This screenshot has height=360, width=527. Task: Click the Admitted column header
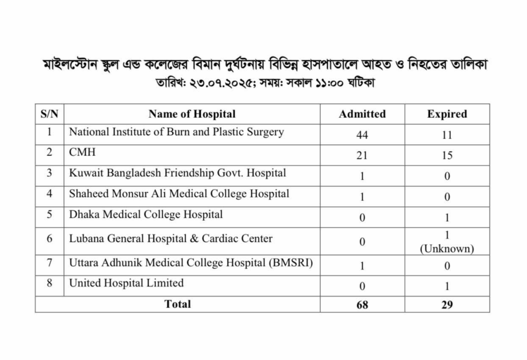click(x=362, y=114)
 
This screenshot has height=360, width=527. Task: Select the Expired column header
click(x=447, y=114)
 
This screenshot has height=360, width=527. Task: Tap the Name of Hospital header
click(x=192, y=114)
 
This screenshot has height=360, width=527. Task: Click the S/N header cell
click(x=49, y=114)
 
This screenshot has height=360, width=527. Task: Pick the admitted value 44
click(x=362, y=135)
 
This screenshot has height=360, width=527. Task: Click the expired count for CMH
click(x=447, y=156)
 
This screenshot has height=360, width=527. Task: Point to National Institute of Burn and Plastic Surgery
click(x=177, y=132)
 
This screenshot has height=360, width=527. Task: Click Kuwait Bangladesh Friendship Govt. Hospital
click(x=178, y=173)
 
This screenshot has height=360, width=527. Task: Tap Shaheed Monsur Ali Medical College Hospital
click(x=179, y=193)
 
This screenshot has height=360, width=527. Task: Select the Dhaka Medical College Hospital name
click(x=146, y=214)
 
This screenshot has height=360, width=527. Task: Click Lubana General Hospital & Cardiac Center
click(x=171, y=239)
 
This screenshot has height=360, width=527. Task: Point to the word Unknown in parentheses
click(x=447, y=249)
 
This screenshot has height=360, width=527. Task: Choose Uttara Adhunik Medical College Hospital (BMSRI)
click(x=191, y=263)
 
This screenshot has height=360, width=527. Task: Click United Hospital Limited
click(x=126, y=283)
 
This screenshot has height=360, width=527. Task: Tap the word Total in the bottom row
click(x=178, y=304)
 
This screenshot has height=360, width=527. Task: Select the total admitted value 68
click(x=362, y=304)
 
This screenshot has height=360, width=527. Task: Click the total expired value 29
click(x=447, y=304)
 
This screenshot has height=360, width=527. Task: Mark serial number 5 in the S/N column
click(x=49, y=214)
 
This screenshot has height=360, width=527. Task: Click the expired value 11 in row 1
click(x=447, y=135)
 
